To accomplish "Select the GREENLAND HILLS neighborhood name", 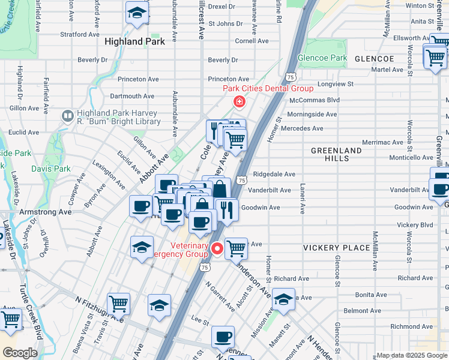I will click(336, 154).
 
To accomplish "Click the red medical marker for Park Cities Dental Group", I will click(240, 102).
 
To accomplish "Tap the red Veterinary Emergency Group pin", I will click(217, 248).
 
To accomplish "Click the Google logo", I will click(19, 353).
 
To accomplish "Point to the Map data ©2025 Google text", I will click(412, 355).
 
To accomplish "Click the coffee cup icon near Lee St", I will click(223, 337).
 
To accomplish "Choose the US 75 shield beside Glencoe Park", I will click(291, 77).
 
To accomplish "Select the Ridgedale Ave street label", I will click(274, 174).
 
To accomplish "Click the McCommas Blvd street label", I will click(315, 100).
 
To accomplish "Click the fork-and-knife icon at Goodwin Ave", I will click(226, 210).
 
